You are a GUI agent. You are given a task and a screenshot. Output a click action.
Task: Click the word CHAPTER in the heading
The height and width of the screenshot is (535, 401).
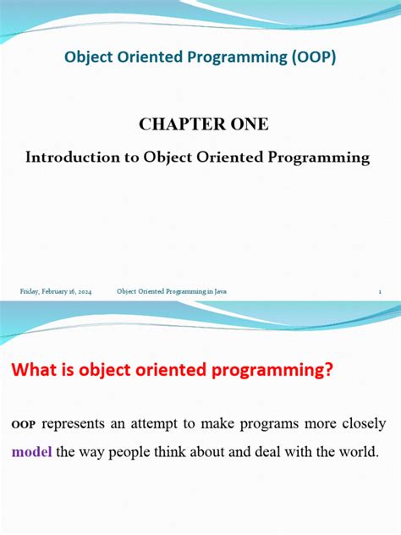coord(175,124)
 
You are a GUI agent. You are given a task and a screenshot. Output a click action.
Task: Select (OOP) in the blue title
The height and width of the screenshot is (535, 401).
coord(311,57)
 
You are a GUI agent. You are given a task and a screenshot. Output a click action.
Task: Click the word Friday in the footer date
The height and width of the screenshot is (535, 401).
coord(30,291)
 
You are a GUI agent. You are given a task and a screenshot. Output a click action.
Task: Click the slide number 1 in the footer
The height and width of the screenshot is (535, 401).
coord(382,291)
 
